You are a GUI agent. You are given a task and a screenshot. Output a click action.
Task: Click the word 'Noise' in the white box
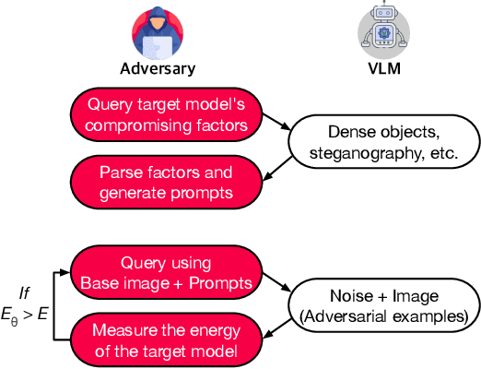coord(346,294)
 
